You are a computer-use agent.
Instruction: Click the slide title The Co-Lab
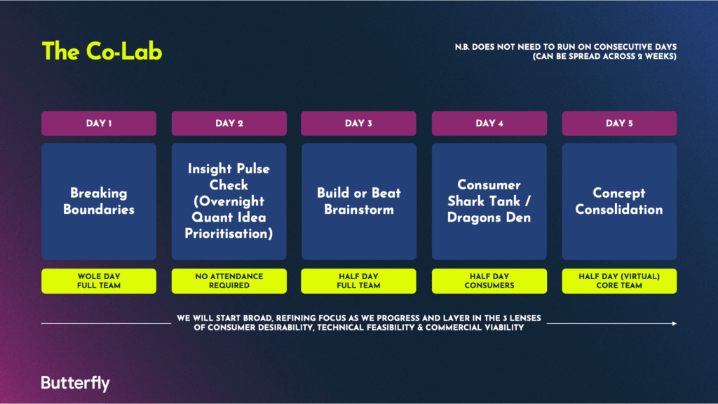pyautogui.click(x=102, y=51)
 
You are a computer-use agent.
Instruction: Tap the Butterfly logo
pyautogui.click(x=75, y=383)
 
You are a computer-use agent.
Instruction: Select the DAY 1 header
pyautogui.click(x=99, y=123)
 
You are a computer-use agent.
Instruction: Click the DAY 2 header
pyautogui.click(x=229, y=123)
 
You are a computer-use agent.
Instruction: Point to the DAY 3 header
pyautogui.click(x=358, y=123)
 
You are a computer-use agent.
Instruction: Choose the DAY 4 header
pyautogui.click(x=489, y=123)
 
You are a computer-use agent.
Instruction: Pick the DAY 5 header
pyautogui.click(x=619, y=123)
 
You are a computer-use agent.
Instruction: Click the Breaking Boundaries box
pyautogui.click(x=99, y=201)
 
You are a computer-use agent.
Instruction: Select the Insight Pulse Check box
pyautogui.click(x=229, y=201)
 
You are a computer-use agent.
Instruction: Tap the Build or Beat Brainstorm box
pyautogui.click(x=358, y=201)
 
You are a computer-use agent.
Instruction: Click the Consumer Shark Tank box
pyautogui.click(x=489, y=201)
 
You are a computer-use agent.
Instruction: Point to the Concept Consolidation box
pyautogui.click(x=619, y=201)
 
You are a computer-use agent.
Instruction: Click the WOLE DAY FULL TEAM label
pyautogui.click(x=99, y=281)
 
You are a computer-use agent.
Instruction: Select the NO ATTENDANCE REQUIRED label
pyautogui.click(x=229, y=281)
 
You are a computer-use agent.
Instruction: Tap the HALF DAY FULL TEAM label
pyautogui.click(x=358, y=281)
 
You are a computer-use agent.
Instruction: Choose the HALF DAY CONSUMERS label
pyautogui.click(x=489, y=281)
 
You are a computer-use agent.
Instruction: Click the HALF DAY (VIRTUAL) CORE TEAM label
pyautogui.click(x=619, y=281)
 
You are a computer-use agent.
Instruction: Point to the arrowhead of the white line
pyautogui.click(x=675, y=323)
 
